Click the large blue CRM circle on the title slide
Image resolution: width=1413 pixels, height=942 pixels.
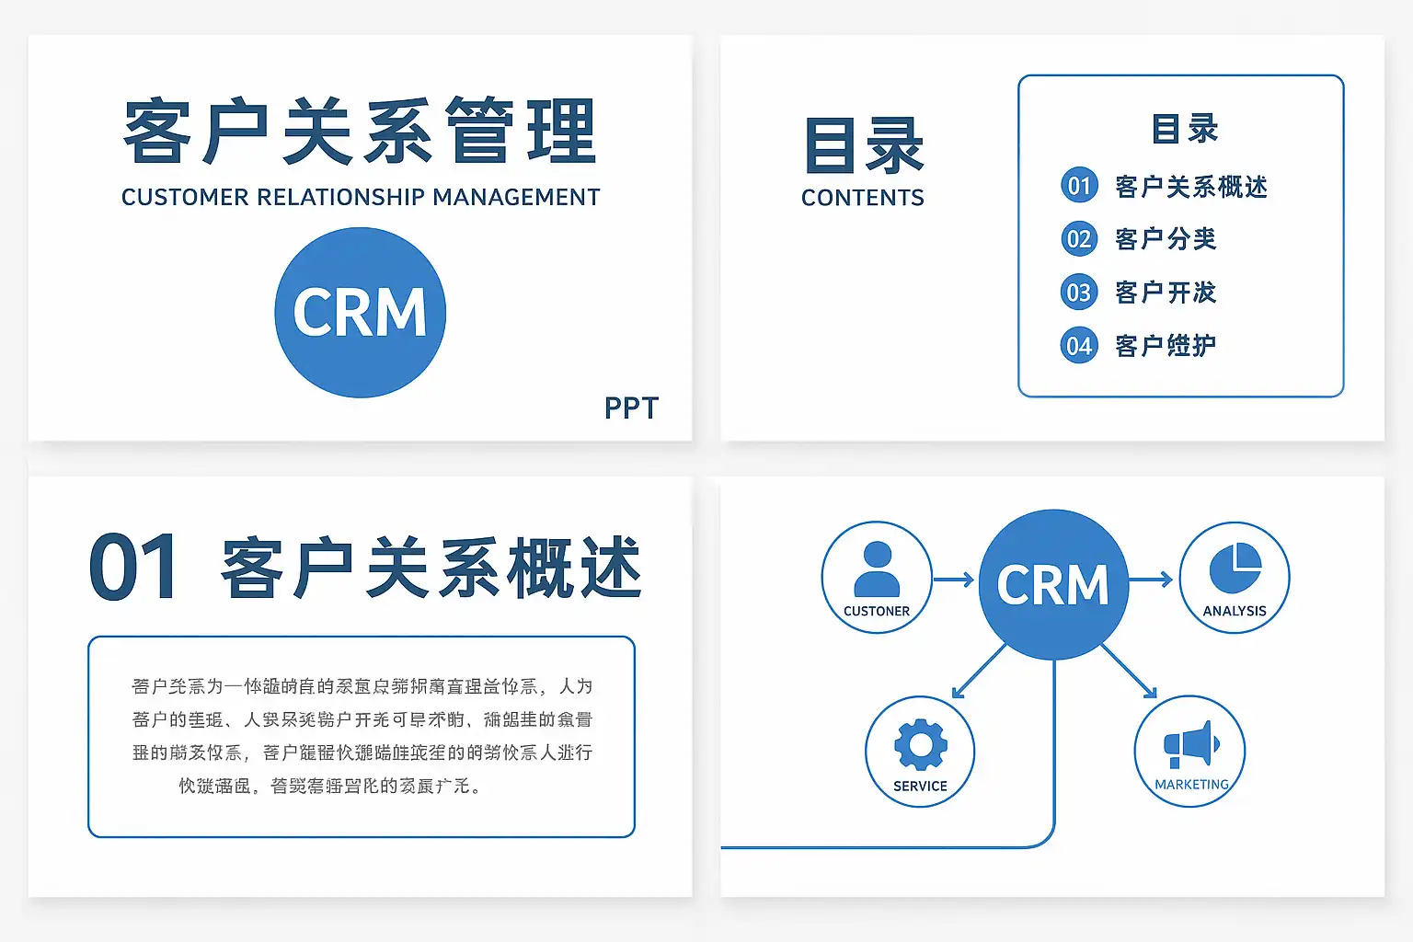[x=360, y=313]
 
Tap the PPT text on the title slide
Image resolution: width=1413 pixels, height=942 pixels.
[x=631, y=408]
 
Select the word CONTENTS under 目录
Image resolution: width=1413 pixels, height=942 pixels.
[x=862, y=198]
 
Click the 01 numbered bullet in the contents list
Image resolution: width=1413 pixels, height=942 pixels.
[x=1079, y=186]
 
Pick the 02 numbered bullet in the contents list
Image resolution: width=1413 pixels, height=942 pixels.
[x=1079, y=239]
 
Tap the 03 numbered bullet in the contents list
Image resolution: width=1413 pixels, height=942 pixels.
[x=1079, y=293]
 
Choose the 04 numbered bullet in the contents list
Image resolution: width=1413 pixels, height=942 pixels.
[x=1079, y=346]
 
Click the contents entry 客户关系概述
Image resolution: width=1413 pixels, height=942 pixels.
[x=1190, y=187]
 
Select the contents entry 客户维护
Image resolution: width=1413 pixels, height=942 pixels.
[x=1165, y=346]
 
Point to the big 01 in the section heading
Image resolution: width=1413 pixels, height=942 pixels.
[x=133, y=568]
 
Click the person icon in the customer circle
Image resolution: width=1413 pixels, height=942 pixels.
[x=877, y=569]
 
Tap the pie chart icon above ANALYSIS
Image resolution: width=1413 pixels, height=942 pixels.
[x=1235, y=568]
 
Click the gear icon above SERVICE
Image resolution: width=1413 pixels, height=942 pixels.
[x=920, y=744]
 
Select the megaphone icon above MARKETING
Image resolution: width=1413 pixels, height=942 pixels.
[x=1190, y=744]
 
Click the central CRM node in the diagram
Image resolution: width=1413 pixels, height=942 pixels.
[x=1053, y=584]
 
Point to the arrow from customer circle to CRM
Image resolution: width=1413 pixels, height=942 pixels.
[x=953, y=580]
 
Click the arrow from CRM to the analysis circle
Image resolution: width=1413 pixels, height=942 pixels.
[x=1151, y=580]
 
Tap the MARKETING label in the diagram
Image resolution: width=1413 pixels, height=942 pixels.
[x=1191, y=785]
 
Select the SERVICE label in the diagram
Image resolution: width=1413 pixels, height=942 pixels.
[x=920, y=787]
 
